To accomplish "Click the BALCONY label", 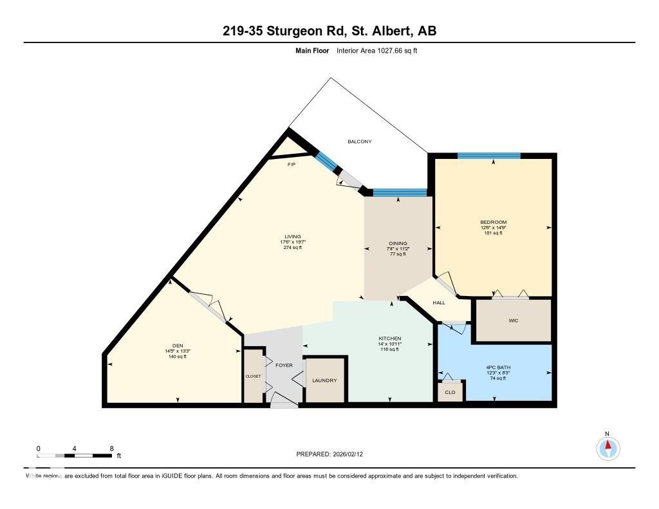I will (x=360, y=142).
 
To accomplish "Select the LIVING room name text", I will (x=293, y=236).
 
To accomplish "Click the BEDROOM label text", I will (x=494, y=222).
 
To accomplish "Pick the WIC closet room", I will (x=513, y=320).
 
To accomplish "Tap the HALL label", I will (x=439, y=302).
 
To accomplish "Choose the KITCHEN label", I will (x=389, y=338).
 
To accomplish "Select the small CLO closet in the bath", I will (x=450, y=392).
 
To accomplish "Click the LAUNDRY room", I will (x=324, y=380).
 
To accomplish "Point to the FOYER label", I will (x=284, y=366).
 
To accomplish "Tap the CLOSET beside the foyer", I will (x=253, y=376).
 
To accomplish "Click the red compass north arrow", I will (x=608, y=446).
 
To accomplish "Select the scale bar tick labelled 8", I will (x=112, y=448).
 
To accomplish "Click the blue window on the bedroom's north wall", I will (x=488, y=156).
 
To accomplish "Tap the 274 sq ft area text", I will (x=293, y=248).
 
